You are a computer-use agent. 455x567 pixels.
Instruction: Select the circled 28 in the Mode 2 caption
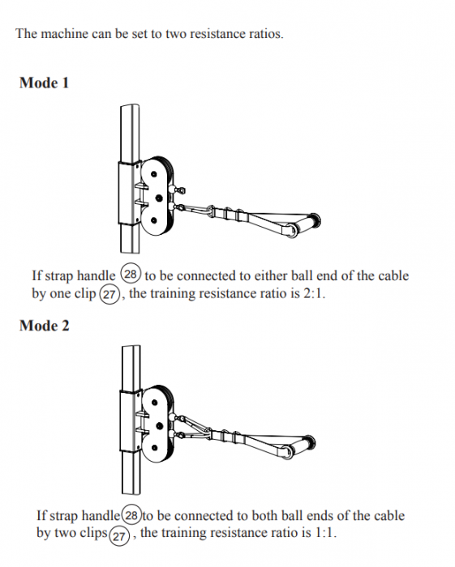[130, 515]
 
